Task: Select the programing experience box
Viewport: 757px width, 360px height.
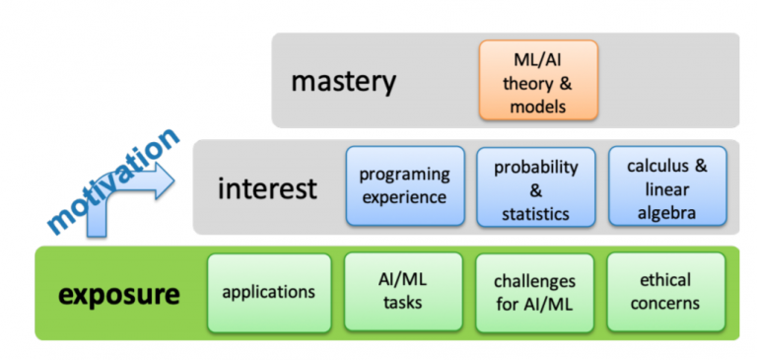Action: [x=404, y=186]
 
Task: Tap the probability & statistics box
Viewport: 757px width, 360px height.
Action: [x=535, y=186]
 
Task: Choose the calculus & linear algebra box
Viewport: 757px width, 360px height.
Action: [x=667, y=186]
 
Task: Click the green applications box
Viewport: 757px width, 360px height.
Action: [x=268, y=292]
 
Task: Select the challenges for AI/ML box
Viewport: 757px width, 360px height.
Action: [x=534, y=292]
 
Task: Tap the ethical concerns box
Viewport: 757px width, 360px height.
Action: [x=665, y=292]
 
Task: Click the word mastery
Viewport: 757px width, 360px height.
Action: [x=343, y=81]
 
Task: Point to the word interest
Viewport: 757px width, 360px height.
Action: [x=267, y=187]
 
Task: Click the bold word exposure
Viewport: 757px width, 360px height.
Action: [x=118, y=294]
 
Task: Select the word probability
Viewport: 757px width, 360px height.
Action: [x=535, y=167]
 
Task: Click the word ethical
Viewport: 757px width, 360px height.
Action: [x=665, y=281]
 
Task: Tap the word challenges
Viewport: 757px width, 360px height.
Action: [x=534, y=282]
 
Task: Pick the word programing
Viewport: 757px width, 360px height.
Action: [x=404, y=176]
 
